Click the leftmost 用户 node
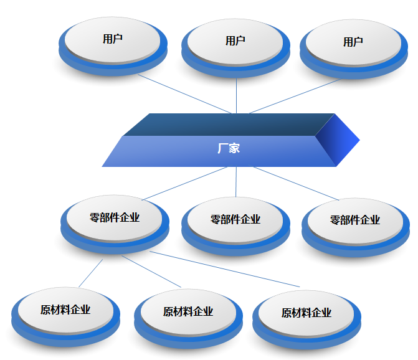[x=112, y=39]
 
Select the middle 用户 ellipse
[x=235, y=41]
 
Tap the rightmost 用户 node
[x=353, y=42]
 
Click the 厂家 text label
[x=229, y=149]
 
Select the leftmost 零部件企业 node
[x=115, y=218]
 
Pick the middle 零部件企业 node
[x=235, y=220]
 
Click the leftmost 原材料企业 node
[x=65, y=310]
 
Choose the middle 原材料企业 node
[x=188, y=311]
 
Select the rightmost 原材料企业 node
[x=306, y=313]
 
